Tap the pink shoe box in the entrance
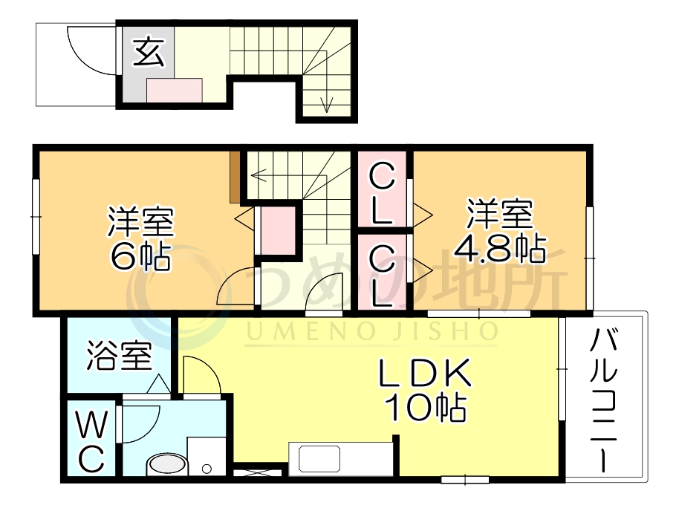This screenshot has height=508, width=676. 175,90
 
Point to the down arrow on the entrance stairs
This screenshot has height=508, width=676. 325,104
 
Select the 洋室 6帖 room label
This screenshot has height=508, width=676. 140,238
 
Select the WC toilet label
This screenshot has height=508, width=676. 90,443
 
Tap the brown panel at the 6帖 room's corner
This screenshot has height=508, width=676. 235,176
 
